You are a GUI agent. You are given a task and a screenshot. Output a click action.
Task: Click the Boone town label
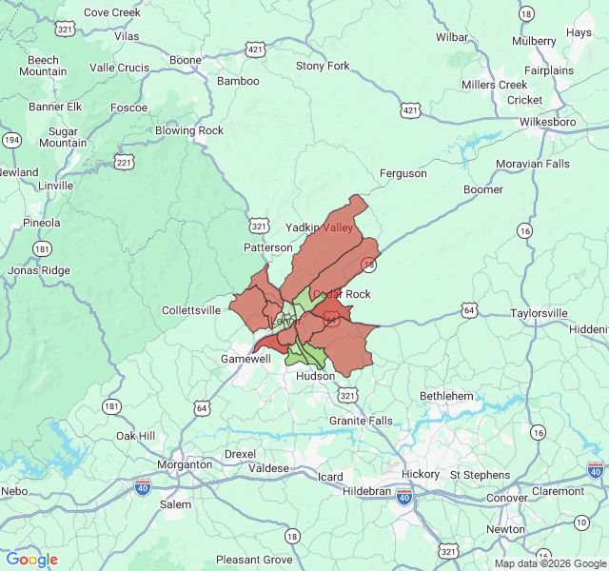pos(186,60)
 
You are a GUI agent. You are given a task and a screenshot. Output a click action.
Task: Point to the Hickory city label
pos(421,474)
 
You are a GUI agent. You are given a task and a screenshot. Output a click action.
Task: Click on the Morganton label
pos(185,464)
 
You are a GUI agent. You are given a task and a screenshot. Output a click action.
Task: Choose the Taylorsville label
pos(538,312)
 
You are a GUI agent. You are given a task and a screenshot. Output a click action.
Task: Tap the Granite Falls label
pos(360,421)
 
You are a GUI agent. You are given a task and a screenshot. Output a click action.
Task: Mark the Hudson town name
pos(315,376)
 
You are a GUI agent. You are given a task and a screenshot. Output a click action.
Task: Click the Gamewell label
pos(246,359)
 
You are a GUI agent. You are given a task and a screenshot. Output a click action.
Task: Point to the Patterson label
pos(268,247)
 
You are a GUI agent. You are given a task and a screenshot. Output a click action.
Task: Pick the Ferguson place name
pos(403,173)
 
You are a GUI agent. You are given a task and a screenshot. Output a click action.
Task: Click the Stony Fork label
pos(323,67)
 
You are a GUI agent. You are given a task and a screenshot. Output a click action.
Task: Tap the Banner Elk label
pos(55,107)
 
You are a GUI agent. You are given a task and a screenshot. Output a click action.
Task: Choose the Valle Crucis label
pos(119,68)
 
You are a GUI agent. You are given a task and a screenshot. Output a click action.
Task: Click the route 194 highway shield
pos(11,140)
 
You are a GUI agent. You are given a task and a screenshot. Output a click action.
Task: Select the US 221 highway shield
pos(124,163)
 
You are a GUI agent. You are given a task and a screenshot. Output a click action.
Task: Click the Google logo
pos(31,560)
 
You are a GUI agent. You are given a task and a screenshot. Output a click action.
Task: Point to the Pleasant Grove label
pos(253,560)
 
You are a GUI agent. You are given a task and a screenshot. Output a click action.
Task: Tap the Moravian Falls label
pos(532,164)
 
